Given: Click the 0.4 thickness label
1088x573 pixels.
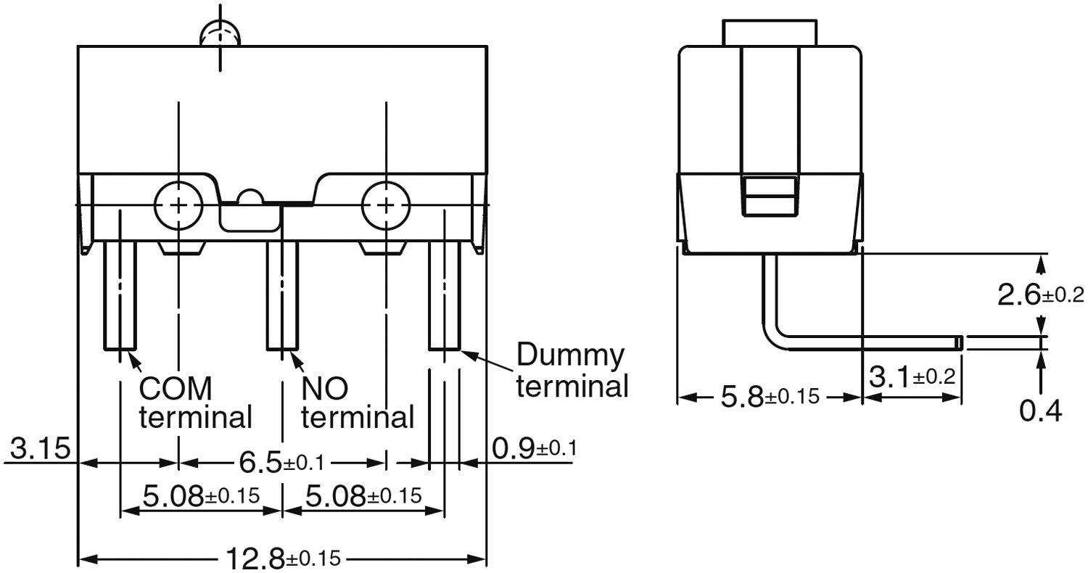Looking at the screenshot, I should click(1040, 411).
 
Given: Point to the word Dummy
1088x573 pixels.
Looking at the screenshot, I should click(570, 356).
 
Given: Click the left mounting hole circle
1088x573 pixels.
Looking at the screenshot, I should click(178, 205).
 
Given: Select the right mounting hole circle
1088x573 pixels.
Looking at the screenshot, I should click(387, 205).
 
